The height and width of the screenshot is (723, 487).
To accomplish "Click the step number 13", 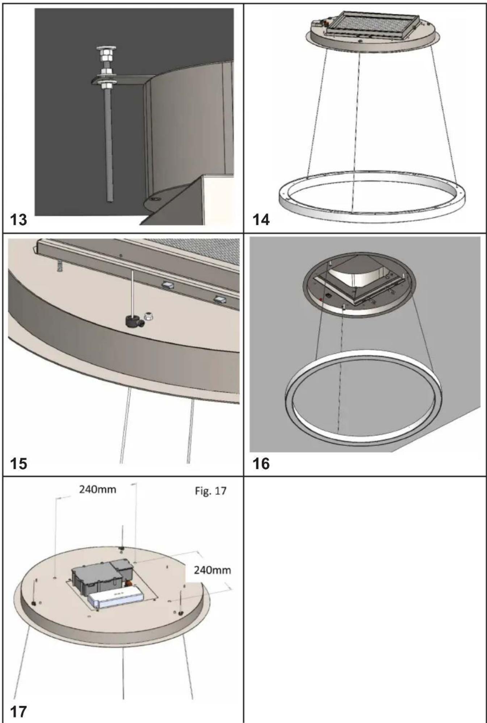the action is coord(18,220).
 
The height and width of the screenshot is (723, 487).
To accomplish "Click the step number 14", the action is coord(261,220).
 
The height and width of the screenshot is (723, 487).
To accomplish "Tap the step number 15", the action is coord(18,463).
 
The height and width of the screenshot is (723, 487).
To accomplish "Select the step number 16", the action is coord(261,463).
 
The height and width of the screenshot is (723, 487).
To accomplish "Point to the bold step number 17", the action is coord(18,711).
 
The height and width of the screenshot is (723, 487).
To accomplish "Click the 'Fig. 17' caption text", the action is coord(211,491).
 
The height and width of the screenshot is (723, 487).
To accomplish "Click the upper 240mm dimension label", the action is coord(98,489).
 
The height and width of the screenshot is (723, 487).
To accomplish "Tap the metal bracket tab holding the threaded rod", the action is coord(119,80).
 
